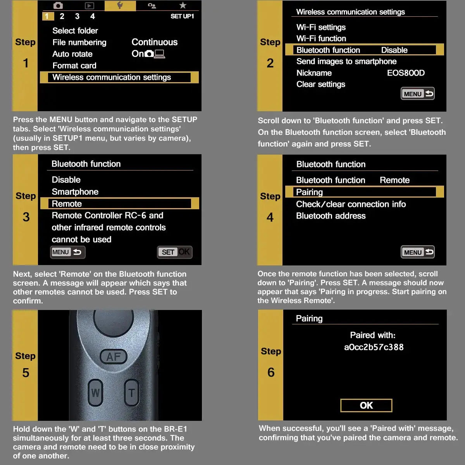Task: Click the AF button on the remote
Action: [x=114, y=356]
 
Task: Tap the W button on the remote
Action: [x=95, y=393]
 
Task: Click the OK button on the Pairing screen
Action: [x=366, y=405]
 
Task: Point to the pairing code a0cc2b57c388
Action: [x=374, y=347]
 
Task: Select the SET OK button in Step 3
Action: [x=175, y=252]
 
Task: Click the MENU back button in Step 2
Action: [x=417, y=94]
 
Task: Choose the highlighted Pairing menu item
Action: [x=309, y=192]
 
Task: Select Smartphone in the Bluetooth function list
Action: [x=75, y=192]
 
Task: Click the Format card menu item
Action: [x=74, y=65]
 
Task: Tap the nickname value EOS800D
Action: [x=406, y=73]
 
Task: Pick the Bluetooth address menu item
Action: [x=331, y=216]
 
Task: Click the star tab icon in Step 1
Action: [x=183, y=5]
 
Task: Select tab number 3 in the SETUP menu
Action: [x=77, y=16]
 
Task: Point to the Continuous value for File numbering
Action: [x=155, y=42]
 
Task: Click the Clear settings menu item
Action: [x=320, y=84]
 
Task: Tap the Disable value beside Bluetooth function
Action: [x=394, y=50]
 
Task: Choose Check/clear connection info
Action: [x=351, y=204]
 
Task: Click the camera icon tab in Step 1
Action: [x=58, y=5]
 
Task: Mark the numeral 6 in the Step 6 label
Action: [x=271, y=372]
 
